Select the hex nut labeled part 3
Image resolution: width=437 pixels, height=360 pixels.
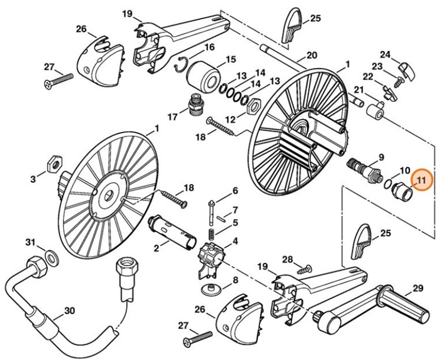(x=51, y=160)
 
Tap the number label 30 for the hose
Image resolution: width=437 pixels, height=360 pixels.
(x=69, y=310)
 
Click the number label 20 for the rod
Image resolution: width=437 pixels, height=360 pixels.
(x=311, y=56)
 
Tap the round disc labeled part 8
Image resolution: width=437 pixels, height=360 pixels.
(x=210, y=288)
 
